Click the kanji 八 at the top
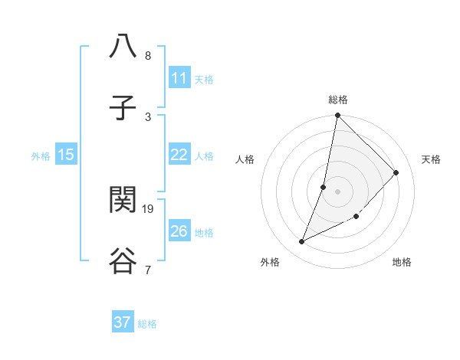(123, 47)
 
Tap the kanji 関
(123, 200)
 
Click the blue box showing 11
(179, 78)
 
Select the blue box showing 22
(179, 155)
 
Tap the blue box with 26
(179, 231)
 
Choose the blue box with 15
(66, 155)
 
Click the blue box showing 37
(123, 322)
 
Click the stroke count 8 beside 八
(148, 56)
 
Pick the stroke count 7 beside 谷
(148, 270)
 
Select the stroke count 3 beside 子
(148, 116)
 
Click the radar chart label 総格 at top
(338, 100)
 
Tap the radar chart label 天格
(431, 159)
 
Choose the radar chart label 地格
(402, 262)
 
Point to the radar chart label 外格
(270, 262)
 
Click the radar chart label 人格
(245, 159)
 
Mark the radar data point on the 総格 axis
(337, 116)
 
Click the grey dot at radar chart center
(337, 191)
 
